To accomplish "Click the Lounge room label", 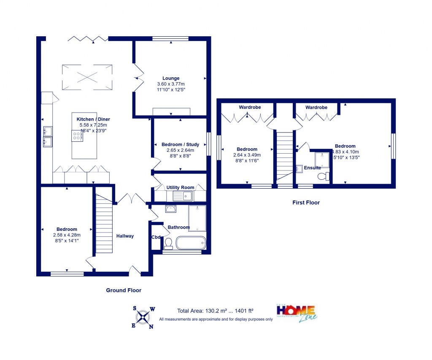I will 171,78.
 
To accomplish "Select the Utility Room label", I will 180,187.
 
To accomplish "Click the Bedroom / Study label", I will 180,144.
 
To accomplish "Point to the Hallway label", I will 125,236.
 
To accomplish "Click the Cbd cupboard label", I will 156,237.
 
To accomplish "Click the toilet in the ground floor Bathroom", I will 168,243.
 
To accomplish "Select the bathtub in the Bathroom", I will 191,243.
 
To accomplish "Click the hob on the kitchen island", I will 78,136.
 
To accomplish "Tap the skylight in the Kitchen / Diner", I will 88,77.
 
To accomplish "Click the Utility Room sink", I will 182,196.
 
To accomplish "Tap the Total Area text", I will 215,311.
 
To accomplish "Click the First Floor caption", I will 306,203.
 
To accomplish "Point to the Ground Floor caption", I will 123,290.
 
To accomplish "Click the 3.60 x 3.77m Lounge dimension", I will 171,84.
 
